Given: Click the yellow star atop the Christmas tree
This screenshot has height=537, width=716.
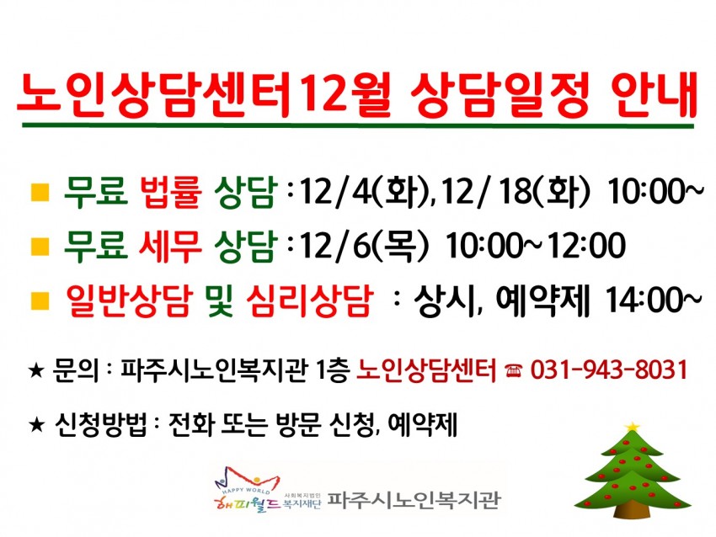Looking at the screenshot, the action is tap(633, 427).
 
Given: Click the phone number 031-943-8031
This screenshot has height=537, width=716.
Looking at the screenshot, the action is tap(609, 370).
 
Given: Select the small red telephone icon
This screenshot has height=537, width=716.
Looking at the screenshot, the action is tap(514, 370).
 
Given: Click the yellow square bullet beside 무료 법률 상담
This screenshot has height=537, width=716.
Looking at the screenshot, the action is tap(40, 192).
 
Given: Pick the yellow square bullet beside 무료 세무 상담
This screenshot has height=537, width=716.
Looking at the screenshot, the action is tap(40, 246).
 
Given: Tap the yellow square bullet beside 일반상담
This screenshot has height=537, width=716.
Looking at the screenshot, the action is tap(40, 300).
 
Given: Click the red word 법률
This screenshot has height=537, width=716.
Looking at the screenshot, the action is tap(171, 192).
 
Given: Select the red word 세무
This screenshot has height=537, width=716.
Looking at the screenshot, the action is tap(170, 247).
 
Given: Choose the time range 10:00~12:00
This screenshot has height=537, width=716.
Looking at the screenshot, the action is tap(535, 246).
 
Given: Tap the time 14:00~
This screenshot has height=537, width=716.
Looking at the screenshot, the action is tap(654, 300).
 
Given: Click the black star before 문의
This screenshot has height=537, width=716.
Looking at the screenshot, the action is tap(36, 370).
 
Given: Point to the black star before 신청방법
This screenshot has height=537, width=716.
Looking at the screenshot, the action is tap(36, 425).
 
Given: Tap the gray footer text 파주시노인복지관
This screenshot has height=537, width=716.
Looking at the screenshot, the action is tap(414, 499).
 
